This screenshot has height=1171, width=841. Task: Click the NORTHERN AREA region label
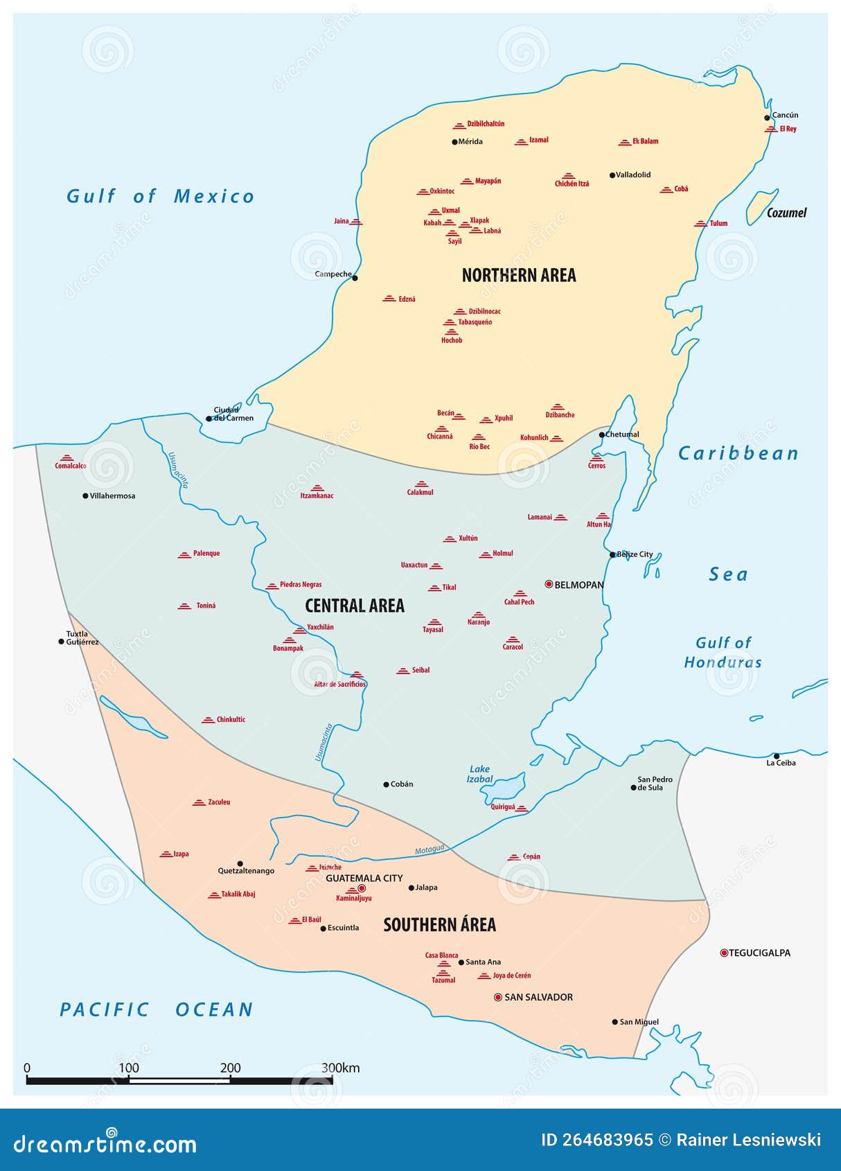click(518, 276)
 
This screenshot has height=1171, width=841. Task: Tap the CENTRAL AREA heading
click(354, 606)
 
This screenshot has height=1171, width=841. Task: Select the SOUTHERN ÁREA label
click(439, 925)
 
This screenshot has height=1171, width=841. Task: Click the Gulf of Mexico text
click(160, 197)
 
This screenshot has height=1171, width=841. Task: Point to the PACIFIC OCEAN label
click(156, 1010)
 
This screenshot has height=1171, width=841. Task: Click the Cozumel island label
click(786, 213)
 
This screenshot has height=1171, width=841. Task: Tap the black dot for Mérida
click(454, 142)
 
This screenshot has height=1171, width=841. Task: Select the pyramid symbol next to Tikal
click(434, 588)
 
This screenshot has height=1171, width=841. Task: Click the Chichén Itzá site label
click(572, 184)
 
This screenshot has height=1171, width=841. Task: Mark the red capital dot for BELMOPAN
click(549, 585)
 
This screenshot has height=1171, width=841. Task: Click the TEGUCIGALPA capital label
click(759, 953)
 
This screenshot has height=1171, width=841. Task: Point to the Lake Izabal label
click(479, 774)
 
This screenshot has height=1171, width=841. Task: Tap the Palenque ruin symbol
click(184, 554)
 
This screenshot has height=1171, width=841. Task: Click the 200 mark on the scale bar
click(230, 1068)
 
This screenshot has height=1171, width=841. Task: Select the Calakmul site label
click(420, 493)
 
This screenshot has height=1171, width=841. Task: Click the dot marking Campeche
click(355, 278)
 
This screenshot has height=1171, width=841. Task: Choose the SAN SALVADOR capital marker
click(497, 997)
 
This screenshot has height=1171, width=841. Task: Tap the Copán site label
click(531, 857)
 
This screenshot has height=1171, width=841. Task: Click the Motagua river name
click(430, 849)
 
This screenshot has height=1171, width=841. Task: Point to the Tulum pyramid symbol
click(700, 224)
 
